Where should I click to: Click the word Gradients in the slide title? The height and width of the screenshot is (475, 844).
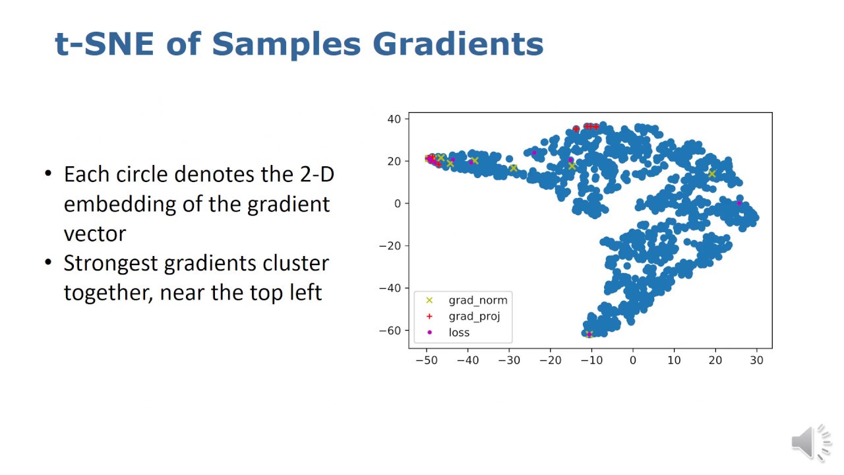coord(458,44)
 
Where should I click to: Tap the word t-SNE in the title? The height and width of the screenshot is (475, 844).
coord(104,44)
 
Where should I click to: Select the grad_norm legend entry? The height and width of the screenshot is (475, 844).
coord(467,300)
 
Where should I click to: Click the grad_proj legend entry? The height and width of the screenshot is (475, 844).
coord(464,317)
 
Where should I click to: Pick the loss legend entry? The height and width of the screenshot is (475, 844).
coord(448,332)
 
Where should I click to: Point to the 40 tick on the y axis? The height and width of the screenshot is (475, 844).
coord(394,119)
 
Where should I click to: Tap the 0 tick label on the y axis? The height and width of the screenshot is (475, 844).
coord(398,204)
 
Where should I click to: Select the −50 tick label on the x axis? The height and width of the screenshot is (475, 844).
coord(427,360)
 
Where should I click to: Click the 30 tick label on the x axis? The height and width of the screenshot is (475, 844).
coord(756,360)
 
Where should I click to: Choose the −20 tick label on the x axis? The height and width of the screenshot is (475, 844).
coord(550,360)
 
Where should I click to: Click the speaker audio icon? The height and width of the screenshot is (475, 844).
coord(811,443)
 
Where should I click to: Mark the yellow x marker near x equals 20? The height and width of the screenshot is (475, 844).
coord(711,174)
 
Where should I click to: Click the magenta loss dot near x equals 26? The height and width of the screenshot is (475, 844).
coord(739,203)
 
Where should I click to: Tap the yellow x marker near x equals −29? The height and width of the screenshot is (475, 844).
coord(513,168)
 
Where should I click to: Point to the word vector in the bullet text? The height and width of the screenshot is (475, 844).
coord(95,234)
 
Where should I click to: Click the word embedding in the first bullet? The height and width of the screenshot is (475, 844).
coord(120,205)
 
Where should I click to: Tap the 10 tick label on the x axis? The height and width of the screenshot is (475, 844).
coord(674,360)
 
